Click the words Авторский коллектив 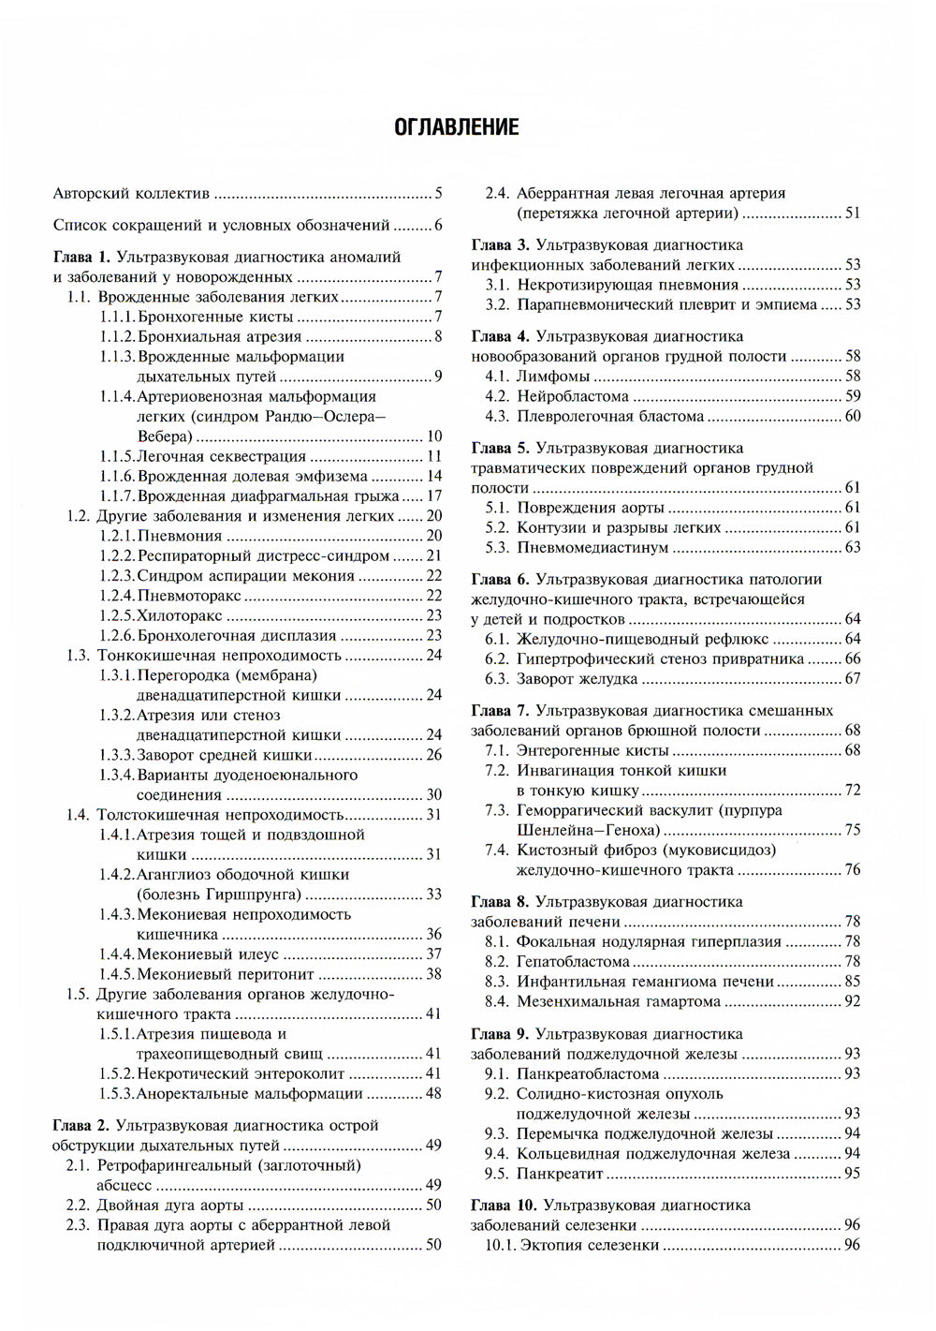point(131,195)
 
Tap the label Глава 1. point(81,257)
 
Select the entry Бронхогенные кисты point(214,317)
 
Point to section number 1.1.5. point(117,456)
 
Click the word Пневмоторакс point(188,595)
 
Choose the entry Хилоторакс point(180,615)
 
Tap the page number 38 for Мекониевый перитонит point(433,974)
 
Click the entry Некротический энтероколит point(241,1073)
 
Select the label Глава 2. point(81,1125)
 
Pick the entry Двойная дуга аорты point(169,1205)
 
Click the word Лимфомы point(553,377)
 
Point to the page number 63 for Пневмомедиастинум point(853,547)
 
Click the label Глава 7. point(500,711)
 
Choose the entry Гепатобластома point(573,962)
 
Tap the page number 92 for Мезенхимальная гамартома point(853,1001)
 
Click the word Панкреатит point(561,1174)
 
